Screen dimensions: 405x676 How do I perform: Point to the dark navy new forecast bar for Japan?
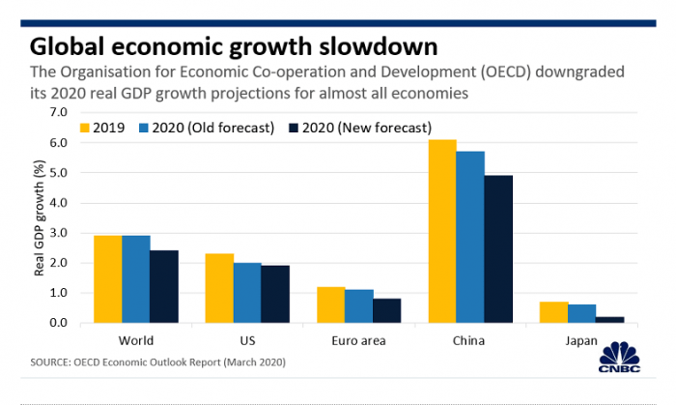point(610,319)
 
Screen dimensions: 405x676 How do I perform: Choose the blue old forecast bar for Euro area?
point(359,305)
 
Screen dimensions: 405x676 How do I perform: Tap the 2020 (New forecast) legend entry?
point(358,127)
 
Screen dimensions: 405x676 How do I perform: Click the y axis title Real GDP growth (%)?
point(40,217)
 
